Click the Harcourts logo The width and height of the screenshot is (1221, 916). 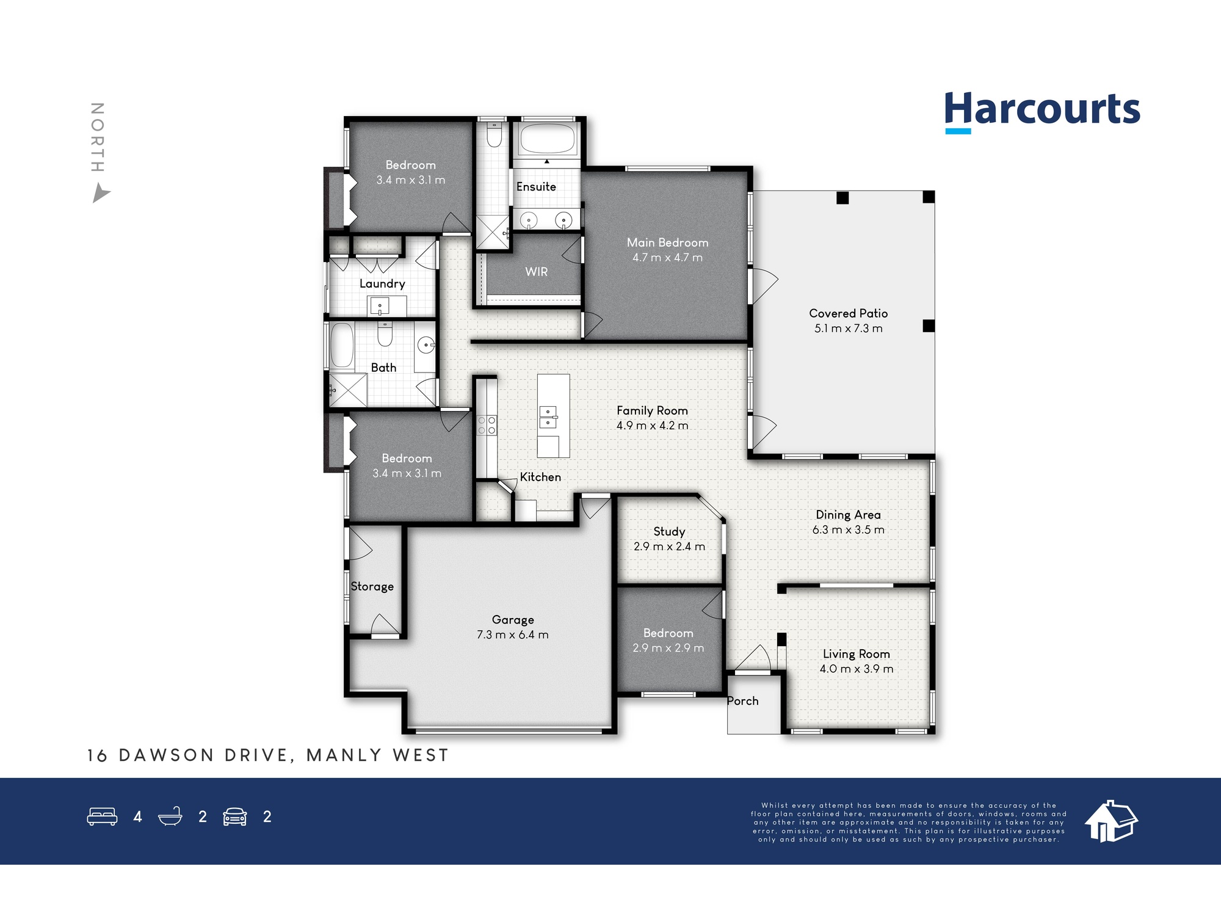pos(1042,112)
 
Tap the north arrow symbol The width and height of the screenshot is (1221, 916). pos(101,194)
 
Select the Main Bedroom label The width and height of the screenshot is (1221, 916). pos(667,242)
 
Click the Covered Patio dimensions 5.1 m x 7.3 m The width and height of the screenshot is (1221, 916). pos(848,329)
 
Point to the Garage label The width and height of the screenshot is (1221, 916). pos(513,620)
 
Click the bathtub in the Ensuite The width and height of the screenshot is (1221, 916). pos(547,140)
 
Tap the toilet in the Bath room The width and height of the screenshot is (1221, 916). pos(385,335)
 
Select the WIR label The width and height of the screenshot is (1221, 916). pos(537,272)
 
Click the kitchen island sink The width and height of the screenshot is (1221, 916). pos(548,417)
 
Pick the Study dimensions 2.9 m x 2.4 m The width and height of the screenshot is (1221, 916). pos(669,547)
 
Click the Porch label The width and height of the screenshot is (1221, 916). pos(742,701)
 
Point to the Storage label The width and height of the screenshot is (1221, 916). pos(372,587)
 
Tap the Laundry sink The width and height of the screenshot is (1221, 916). pos(380,305)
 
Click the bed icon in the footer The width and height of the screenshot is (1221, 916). pos(102,816)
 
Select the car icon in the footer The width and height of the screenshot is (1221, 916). pos(235,816)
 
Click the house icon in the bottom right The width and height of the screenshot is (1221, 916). pos(1111,821)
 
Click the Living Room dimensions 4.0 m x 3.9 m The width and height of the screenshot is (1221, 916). pos(856,669)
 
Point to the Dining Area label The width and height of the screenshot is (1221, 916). pos(848,515)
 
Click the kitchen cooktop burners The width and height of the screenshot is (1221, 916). pos(487,426)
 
